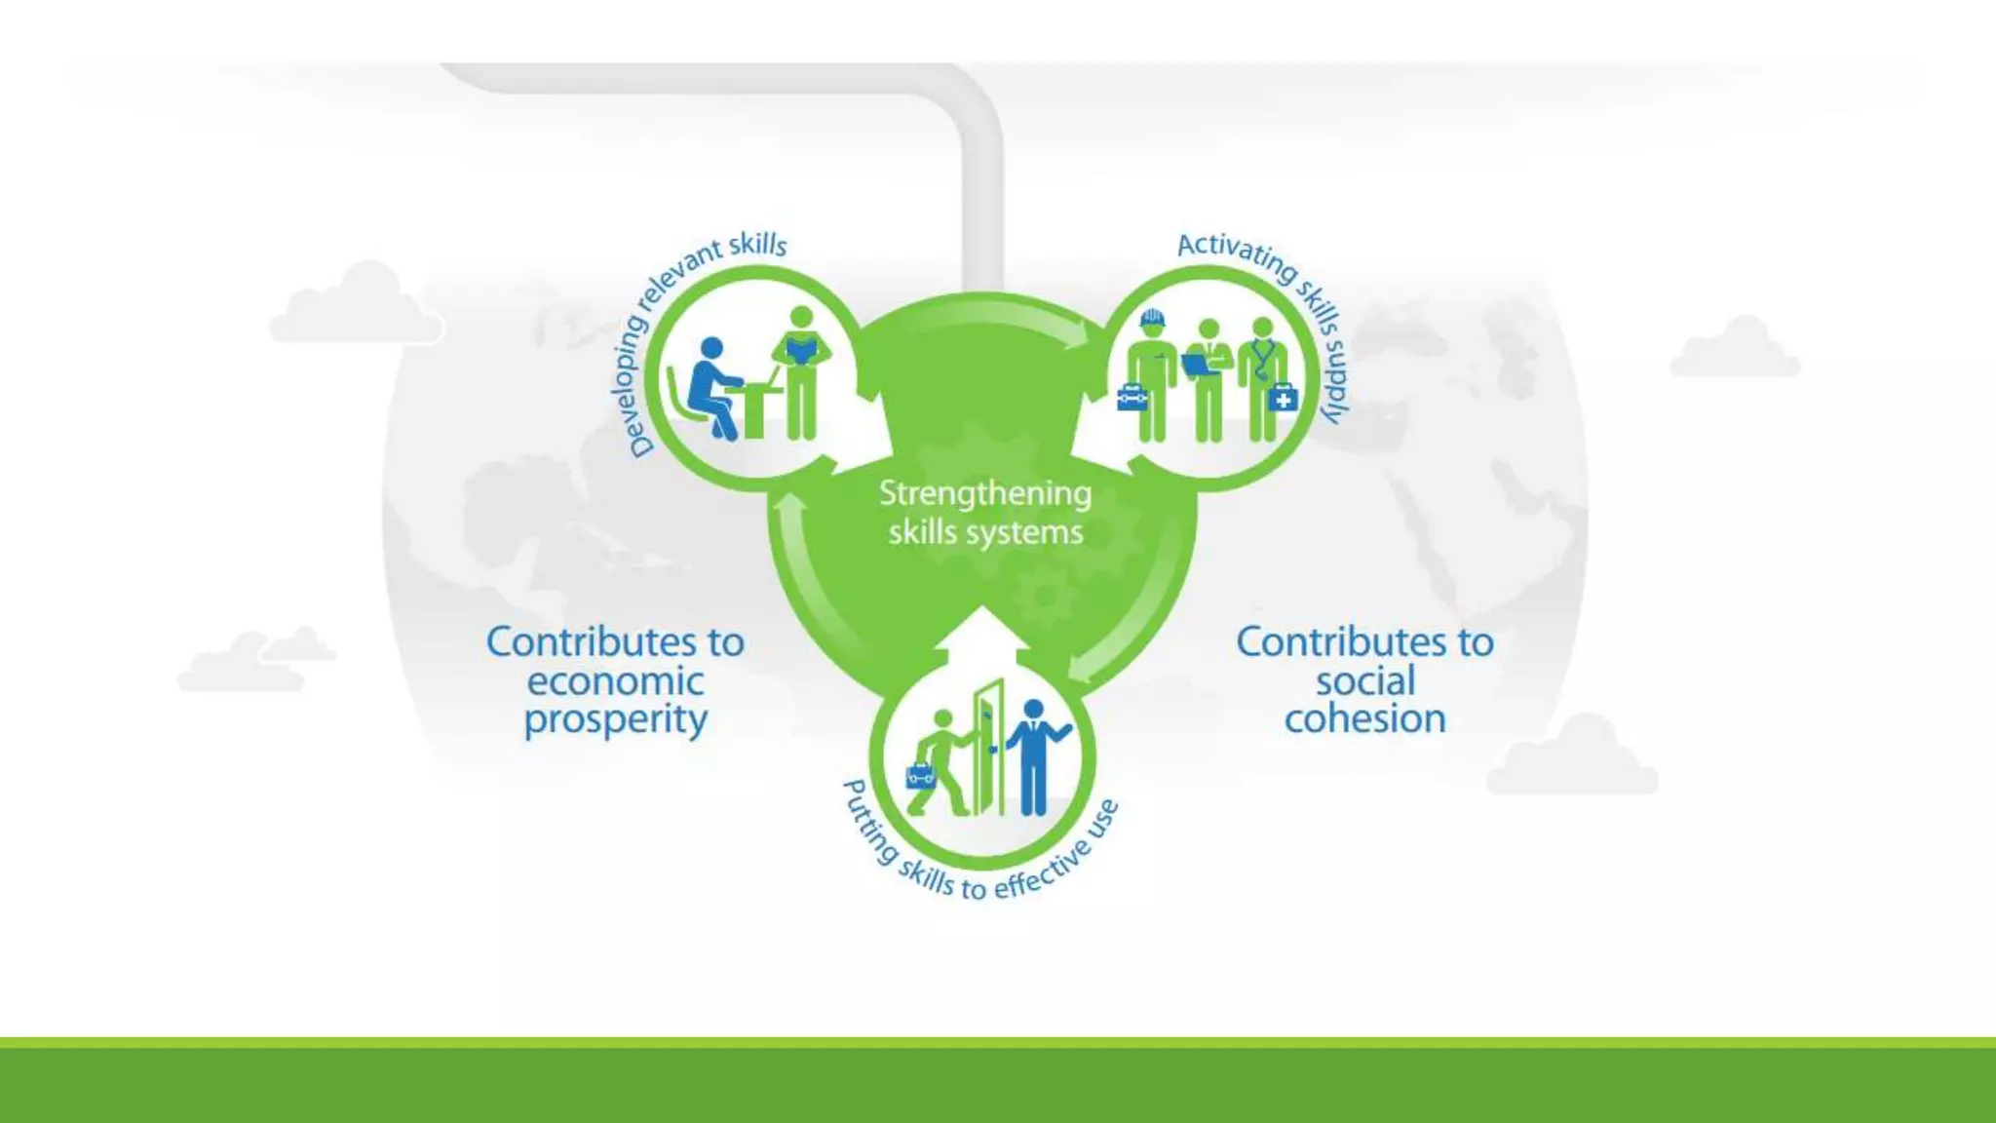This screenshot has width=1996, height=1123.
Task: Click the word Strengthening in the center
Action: pyautogui.click(x=985, y=494)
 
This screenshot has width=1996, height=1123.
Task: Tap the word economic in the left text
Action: pyautogui.click(x=615, y=681)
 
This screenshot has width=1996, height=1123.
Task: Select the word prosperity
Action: pyautogui.click(x=615, y=720)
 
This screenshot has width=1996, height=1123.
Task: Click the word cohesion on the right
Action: pyautogui.click(x=1364, y=719)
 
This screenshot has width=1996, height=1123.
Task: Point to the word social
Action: pyautogui.click(x=1364, y=681)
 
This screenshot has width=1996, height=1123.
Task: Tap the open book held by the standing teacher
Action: pyautogui.click(x=801, y=348)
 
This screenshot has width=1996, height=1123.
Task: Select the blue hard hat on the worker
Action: pyautogui.click(x=1152, y=317)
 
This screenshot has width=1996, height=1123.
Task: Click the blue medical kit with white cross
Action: pyautogui.click(x=1283, y=398)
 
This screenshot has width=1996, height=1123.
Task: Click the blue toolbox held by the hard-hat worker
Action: pyautogui.click(x=1132, y=398)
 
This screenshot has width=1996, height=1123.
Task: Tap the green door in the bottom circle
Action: pyautogui.click(x=987, y=746)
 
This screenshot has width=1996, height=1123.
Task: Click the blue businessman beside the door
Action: pyautogui.click(x=1035, y=755)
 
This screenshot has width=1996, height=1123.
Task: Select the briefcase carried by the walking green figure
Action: pyautogui.click(x=921, y=776)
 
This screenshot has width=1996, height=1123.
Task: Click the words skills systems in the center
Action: pyautogui.click(x=985, y=533)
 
